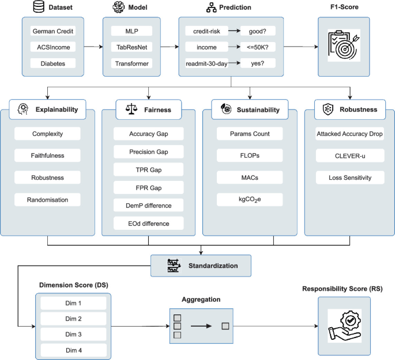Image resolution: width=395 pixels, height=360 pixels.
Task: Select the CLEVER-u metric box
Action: point(349,155)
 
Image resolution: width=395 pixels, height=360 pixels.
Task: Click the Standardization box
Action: point(201,248)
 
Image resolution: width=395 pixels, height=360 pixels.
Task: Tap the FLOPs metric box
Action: point(242,155)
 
